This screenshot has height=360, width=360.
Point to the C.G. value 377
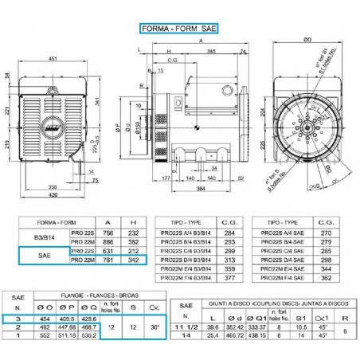[231, 280]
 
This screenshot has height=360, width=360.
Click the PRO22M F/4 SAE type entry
[285, 280]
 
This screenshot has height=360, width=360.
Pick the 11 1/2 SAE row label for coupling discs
[186, 326]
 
